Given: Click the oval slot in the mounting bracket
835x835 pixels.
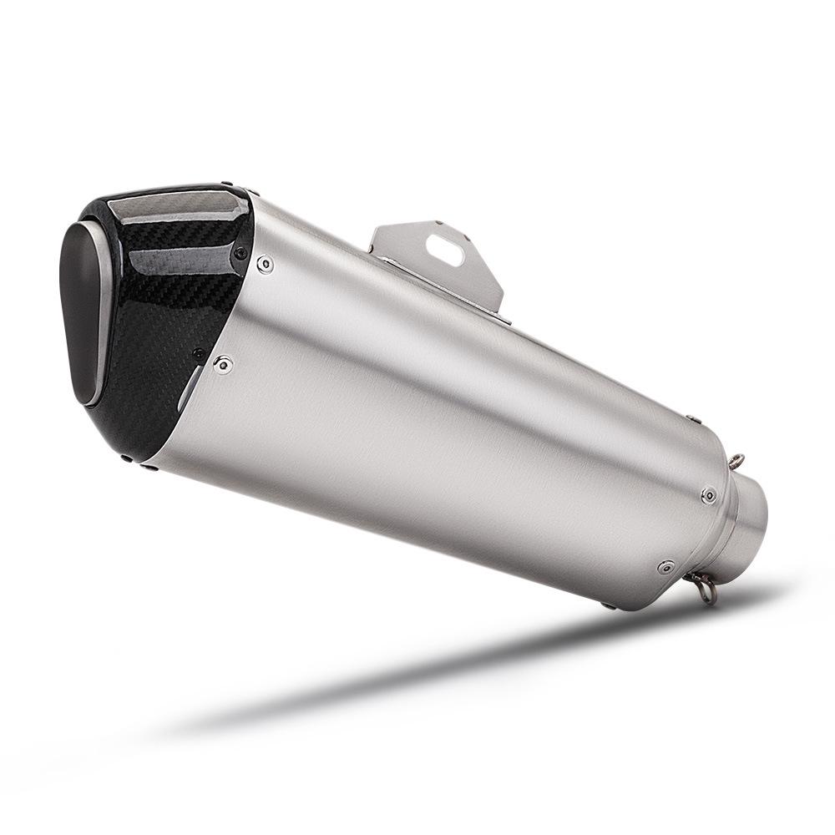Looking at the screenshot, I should pyautogui.click(x=445, y=249).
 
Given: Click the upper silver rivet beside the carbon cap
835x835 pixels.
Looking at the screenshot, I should pyautogui.click(x=265, y=265).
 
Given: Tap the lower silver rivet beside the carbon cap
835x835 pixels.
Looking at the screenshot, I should pyautogui.click(x=222, y=363).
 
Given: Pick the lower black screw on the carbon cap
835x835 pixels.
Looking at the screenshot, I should pyautogui.click(x=198, y=354).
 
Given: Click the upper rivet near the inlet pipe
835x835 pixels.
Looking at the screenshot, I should pyautogui.click(x=708, y=495).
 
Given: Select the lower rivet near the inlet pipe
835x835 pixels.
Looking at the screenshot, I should pyautogui.click(x=665, y=567).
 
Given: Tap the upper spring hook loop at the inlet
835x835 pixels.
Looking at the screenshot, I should pyautogui.click(x=736, y=461).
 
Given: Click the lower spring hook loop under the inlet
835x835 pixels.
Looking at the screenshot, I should pyautogui.click(x=706, y=591).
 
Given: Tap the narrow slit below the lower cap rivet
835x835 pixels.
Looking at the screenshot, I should pyautogui.click(x=189, y=392).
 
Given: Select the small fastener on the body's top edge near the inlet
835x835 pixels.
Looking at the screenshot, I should pyautogui.click(x=691, y=418).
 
